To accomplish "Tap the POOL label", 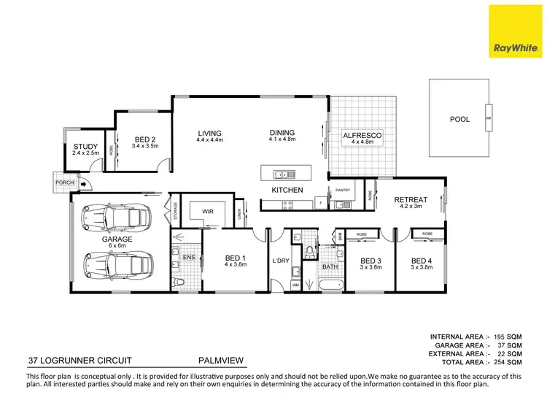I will point(459,119).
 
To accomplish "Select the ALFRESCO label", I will point(362,136).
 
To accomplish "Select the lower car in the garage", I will point(117,264).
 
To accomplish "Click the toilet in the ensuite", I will point(178,282).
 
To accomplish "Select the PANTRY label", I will point(344,191).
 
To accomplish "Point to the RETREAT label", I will point(411,200).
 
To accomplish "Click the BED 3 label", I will point(370,261).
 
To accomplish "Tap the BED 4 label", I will point(422,261).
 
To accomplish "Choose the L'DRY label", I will point(280,261).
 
